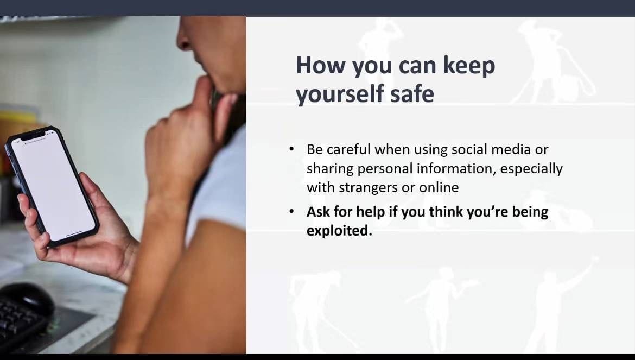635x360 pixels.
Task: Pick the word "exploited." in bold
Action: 339,231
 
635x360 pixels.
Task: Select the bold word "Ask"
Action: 318,212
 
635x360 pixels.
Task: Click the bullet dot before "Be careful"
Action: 291,149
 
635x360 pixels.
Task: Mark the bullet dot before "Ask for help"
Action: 291,211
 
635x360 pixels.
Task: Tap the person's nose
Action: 185,39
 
